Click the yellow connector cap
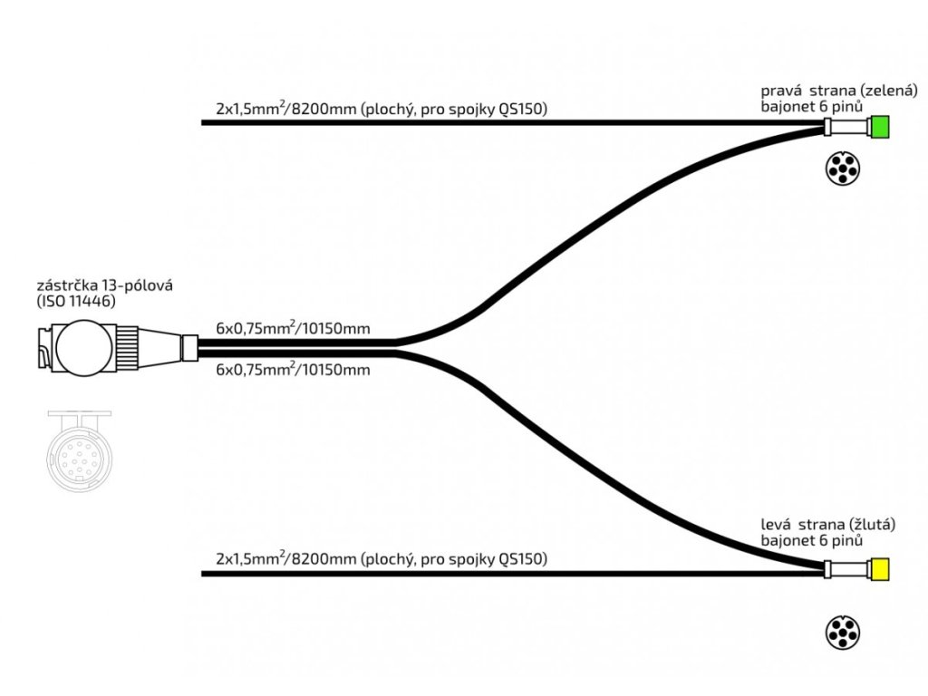[880, 570]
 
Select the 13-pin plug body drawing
[82, 347]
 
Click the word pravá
[780, 91]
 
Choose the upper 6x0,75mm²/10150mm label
[293, 328]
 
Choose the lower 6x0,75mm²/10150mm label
[293, 370]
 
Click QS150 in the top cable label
[524, 110]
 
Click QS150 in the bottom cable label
[524, 559]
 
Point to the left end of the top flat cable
[203, 122]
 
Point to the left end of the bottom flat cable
[203, 573]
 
